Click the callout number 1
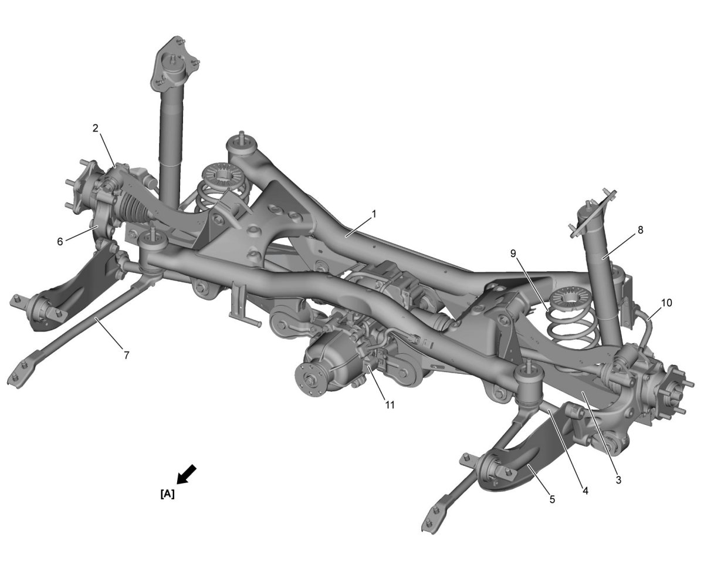pyautogui.click(x=374, y=215)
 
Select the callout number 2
pyautogui.click(x=95, y=129)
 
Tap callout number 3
pyautogui.click(x=618, y=480)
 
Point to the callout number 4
pyautogui.click(x=585, y=491)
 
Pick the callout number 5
pyautogui.click(x=552, y=499)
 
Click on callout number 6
pyautogui.click(x=60, y=242)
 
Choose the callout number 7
pyautogui.click(x=127, y=355)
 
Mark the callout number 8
pyautogui.click(x=640, y=230)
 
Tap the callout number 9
pyautogui.click(x=513, y=253)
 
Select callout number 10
pyautogui.click(x=666, y=303)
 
